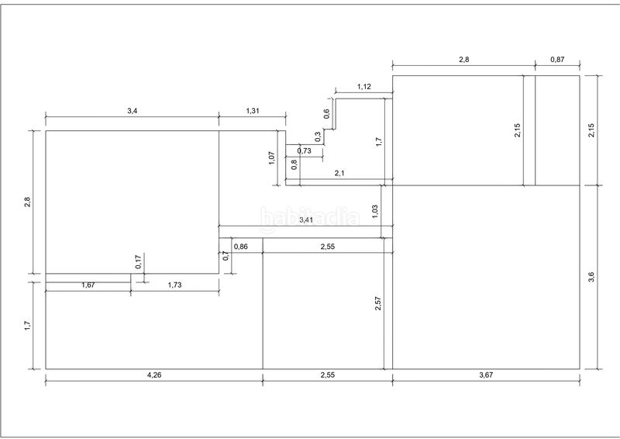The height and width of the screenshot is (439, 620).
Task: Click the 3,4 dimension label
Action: [132, 112]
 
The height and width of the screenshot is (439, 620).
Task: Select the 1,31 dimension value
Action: [253, 112]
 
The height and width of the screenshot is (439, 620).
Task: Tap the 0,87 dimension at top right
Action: [557, 59]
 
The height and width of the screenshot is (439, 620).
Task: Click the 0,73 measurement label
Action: [304, 151]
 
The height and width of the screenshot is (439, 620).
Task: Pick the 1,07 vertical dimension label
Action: [270, 157]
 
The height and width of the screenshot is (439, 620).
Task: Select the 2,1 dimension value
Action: [339, 175]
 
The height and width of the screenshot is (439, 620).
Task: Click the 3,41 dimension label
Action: [306, 220]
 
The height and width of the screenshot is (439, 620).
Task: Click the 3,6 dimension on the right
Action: [591, 278]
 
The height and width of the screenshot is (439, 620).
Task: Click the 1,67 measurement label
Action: [88, 285]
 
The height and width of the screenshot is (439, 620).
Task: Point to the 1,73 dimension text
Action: [174, 285]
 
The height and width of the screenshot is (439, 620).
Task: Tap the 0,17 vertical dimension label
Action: [139, 262]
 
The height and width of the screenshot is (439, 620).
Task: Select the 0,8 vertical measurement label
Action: [294, 164]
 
